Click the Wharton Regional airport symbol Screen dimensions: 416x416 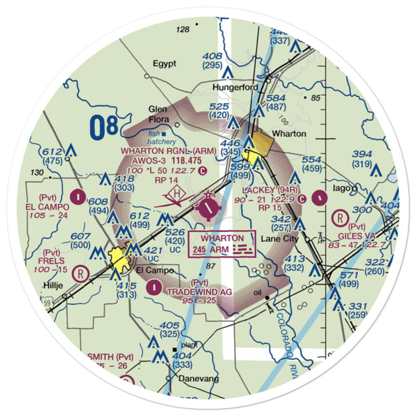pos(208,207)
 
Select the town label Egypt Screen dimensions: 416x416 pos(164,64)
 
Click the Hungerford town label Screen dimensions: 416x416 pos(235,87)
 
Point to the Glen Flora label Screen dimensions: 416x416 pos(158,114)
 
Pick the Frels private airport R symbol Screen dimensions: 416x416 pos(79,273)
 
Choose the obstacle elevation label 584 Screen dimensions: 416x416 pos(276,99)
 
